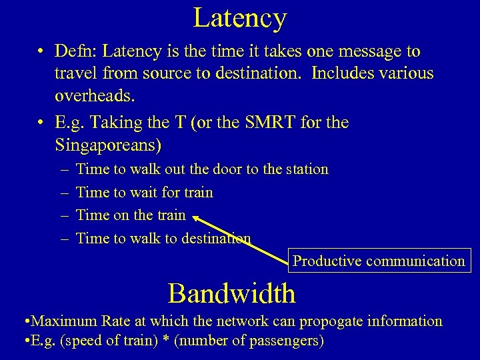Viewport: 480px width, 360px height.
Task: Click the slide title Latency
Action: pyautogui.click(x=240, y=18)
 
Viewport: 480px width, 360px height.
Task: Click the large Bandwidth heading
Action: pyautogui.click(x=231, y=293)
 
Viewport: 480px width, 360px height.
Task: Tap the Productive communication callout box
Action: pyautogui.click(x=379, y=261)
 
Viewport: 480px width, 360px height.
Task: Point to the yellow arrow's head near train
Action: pyautogui.click(x=197, y=217)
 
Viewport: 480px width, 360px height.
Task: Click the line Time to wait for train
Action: pyautogui.click(x=145, y=193)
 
